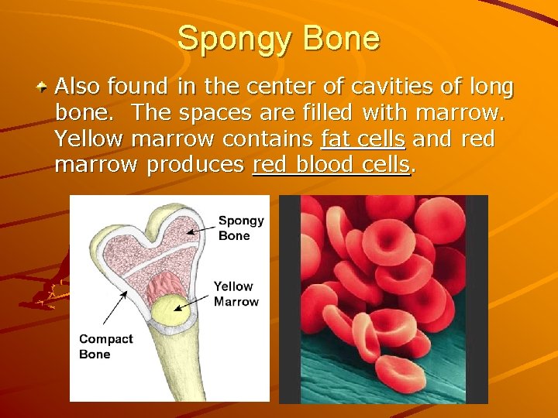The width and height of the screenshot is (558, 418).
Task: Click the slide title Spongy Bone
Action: pos(279,38)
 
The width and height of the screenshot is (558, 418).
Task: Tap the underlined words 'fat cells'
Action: pos(363,139)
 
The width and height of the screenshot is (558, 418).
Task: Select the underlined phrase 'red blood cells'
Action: pos(331,165)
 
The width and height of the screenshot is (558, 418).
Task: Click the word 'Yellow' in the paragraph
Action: pos(91,139)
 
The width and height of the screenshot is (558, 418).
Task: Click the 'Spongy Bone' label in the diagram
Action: pos(240,228)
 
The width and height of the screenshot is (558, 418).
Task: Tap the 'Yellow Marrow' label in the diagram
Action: pos(236,294)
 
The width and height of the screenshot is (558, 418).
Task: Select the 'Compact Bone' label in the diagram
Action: pos(105,346)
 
